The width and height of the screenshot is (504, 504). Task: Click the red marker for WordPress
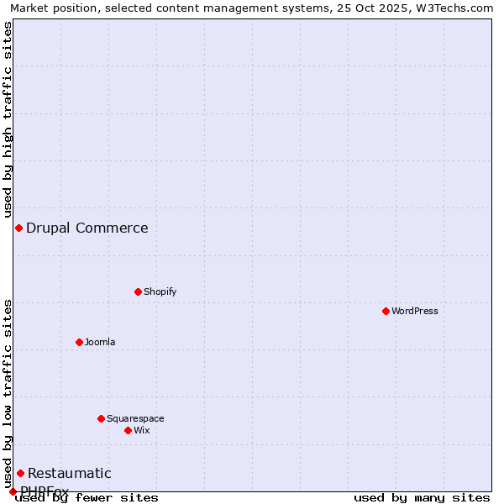pyautogui.click(x=386, y=311)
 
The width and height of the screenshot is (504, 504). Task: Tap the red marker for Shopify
pyautogui.click(x=138, y=291)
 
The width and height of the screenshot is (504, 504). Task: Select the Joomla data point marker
pyautogui.click(x=79, y=342)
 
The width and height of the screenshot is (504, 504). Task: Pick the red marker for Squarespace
pyautogui.click(x=101, y=418)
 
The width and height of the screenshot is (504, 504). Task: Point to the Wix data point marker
pyautogui.click(x=128, y=430)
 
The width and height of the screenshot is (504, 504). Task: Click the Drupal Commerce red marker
pyautogui.click(x=18, y=228)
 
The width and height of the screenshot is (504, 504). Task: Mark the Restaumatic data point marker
pyautogui.click(x=20, y=473)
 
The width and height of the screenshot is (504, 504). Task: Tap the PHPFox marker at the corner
pyautogui.click(x=13, y=491)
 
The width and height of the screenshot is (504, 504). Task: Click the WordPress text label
pyautogui.click(x=415, y=311)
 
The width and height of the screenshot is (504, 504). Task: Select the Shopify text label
pyautogui.click(x=160, y=291)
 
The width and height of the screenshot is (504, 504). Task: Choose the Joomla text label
pyautogui.click(x=100, y=342)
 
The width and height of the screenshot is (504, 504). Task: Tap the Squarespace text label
pyautogui.click(x=135, y=418)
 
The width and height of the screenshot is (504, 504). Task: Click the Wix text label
pyautogui.click(x=141, y=430)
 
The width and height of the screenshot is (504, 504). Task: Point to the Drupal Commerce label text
pyautogui.click(x=87, y=228)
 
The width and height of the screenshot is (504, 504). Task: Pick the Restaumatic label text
pyautogui.click(x=70, y=473)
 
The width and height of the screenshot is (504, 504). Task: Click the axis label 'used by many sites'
pyautogui.click(x=422, y=497)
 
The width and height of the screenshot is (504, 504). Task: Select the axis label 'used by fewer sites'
pyautogui.click(x=87, y=497)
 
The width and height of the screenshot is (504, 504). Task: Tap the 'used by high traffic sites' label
pyautogui.click(x=8, y=119)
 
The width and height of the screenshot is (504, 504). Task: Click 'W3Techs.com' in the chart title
pyautogui.click(x=457, y=8)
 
